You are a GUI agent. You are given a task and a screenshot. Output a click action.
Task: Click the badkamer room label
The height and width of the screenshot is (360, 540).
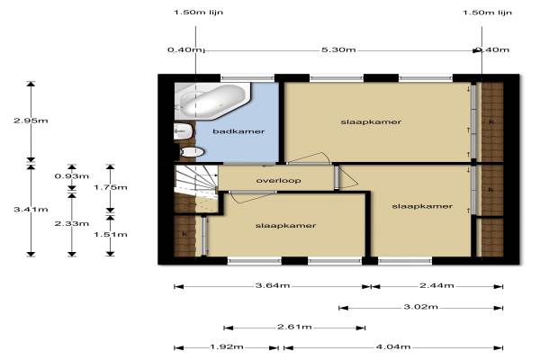(238, 131)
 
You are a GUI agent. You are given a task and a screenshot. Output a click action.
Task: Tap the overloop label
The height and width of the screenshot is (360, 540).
(278, 181)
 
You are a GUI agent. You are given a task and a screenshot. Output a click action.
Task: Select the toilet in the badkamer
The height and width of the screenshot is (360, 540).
(193, 152)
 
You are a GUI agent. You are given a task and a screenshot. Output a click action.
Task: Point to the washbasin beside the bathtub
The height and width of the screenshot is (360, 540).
(183, 131)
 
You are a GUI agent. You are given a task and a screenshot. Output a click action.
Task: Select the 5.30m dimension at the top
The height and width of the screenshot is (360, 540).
(338, 50)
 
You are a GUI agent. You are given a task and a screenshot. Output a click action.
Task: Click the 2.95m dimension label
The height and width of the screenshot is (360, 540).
(31, 121)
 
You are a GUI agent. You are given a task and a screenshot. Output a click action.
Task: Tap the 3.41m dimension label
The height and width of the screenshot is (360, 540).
(31, 210)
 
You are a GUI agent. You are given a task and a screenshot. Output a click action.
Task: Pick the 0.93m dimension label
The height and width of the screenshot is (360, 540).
(72, 176)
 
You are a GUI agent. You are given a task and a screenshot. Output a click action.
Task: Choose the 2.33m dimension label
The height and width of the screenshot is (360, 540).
(72, 223)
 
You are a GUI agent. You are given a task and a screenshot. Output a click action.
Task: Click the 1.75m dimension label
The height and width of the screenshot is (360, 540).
(111, 187)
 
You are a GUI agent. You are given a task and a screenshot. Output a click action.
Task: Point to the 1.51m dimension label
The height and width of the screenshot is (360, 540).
(111, 235)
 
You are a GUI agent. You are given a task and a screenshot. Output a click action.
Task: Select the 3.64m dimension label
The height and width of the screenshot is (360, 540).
(273, 285)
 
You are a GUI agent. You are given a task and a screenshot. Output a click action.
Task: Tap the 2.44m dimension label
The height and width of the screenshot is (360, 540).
(436, 285)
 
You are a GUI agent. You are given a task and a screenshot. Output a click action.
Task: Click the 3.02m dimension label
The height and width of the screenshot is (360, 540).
(421, 307)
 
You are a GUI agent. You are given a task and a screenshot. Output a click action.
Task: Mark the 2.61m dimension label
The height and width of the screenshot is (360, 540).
(294, 327)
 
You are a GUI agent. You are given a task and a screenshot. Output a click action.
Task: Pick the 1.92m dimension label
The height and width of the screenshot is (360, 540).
(227, 346)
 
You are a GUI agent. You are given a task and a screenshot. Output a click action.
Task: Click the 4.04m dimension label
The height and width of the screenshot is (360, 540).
(393, 346)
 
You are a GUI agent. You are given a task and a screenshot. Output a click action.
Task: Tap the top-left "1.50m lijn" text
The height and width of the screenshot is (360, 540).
(198, 13)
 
